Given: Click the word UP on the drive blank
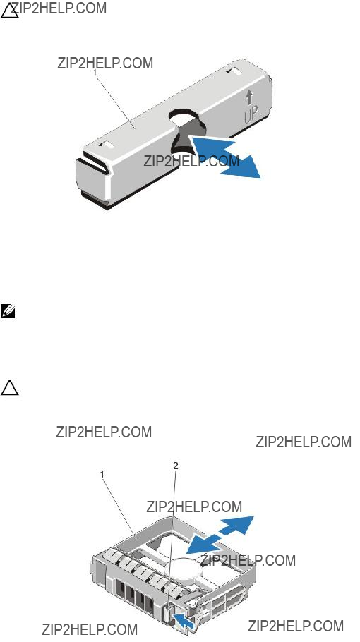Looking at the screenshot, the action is pos(251,114).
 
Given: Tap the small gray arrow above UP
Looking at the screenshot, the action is pos(248,97).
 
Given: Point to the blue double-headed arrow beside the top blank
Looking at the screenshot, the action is pos(226,157).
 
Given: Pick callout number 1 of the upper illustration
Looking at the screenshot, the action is pos(95,72).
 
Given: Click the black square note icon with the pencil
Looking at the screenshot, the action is pos(7,311).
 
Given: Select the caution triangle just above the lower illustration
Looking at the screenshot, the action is pos(9,387).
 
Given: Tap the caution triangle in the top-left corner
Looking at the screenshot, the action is pos(9,11).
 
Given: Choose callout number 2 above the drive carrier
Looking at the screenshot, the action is pos(176,466).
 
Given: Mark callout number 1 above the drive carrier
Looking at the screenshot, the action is pos(102,474).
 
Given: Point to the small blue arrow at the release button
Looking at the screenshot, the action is pos(184,618).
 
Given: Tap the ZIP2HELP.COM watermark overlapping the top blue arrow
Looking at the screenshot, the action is pos(191,161).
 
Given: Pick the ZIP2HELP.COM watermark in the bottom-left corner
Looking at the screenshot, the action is pos(90,629).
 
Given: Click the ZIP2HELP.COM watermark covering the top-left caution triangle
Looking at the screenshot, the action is pos(59,8).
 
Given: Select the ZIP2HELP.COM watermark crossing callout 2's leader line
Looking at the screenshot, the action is pos(194,507).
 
